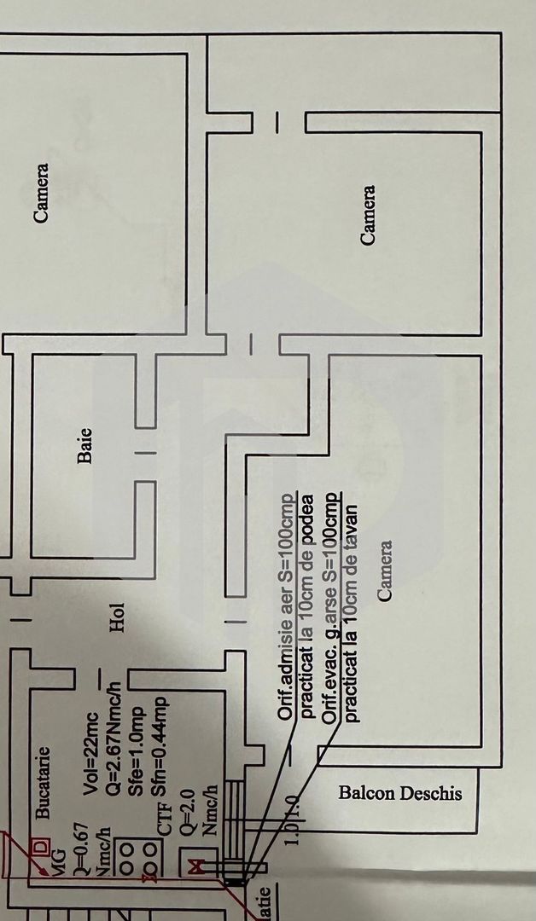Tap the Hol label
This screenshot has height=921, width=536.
point(117,617)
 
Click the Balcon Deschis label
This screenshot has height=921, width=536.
point(399,793)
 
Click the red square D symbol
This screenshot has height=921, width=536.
point(38,849)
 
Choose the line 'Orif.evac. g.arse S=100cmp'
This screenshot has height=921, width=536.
point(330,607)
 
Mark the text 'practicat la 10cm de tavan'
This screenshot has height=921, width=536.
point(351,612)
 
